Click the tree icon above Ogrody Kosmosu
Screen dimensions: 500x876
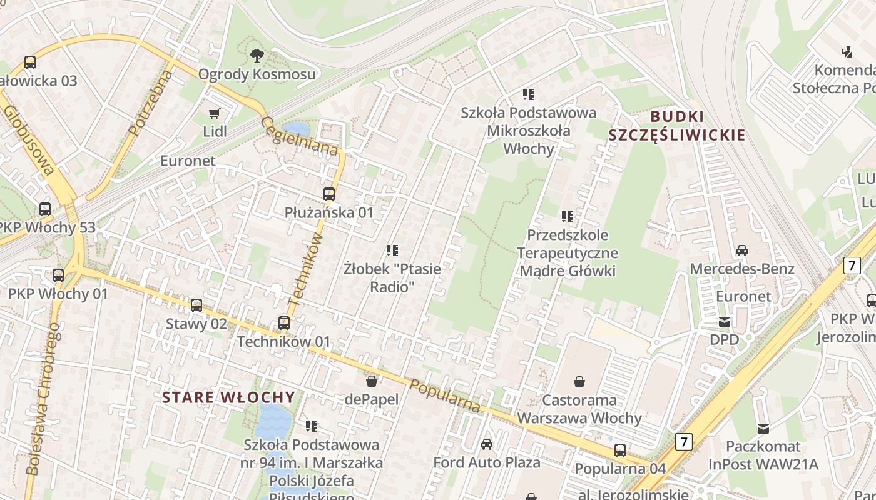tap(257, 56)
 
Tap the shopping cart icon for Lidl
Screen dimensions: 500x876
tap(215, 113)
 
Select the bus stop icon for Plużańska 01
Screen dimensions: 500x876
tap(329, 194)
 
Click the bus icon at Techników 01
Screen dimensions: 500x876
tap(284, 323)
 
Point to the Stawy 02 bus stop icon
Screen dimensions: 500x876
tap(196, 306)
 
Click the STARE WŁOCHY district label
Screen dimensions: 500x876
tap(228, 397)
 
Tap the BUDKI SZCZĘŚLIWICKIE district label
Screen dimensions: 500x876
tap(677, 126)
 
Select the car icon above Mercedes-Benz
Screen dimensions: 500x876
tap(742, 251)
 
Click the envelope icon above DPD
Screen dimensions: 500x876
tap(725, 322)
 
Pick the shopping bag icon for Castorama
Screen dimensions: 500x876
tap(579, 381)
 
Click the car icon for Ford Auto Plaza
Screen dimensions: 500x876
tap(487, 444)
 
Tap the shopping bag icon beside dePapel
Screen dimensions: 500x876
tap(372, 381)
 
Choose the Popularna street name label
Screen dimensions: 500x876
tap(446, 396)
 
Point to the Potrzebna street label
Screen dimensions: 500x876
tap(150, 103)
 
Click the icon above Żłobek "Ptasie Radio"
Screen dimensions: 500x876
tap(392, 251)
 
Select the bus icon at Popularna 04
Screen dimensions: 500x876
tap(620, 450)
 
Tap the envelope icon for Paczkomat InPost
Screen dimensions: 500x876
tap(763, 428)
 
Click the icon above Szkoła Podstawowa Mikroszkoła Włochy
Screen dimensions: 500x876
tap(529, 94)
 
